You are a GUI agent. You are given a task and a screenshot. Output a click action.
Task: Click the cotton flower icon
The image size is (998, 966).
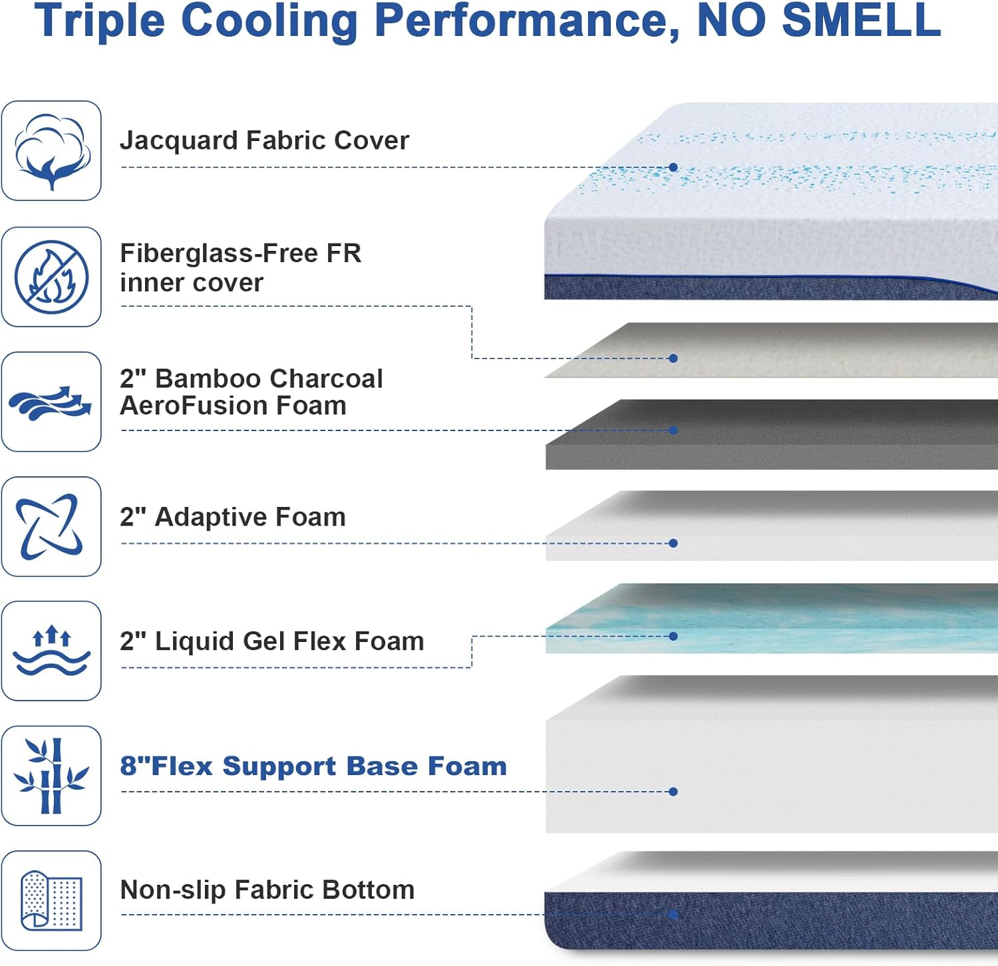(x=51, y=151)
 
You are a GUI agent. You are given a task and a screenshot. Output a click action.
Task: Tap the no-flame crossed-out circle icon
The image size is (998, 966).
(x=51, y=277)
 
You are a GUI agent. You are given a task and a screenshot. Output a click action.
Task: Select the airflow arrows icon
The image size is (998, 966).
(x=51, y=402)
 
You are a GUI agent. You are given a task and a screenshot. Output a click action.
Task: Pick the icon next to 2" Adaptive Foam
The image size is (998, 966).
(x=51, y=526)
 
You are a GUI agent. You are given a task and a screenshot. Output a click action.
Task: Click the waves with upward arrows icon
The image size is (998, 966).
(x=51, y=651)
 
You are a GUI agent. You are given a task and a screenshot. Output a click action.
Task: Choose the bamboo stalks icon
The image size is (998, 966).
(x=51, y=776)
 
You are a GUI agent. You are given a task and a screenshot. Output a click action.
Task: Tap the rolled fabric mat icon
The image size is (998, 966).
(x=51, y=900)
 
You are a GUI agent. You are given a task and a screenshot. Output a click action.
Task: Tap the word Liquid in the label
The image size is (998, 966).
(x=194, y=641)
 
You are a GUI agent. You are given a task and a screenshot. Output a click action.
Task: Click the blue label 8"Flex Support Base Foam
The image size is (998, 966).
(x=313, y=766)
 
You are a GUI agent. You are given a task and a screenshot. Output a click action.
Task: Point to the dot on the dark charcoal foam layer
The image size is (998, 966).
(x=673, y=430)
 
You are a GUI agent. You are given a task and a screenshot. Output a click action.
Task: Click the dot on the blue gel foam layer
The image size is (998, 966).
(x=673, y=636)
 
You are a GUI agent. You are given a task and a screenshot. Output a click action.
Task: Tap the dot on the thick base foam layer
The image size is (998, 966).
(x=673, y=792)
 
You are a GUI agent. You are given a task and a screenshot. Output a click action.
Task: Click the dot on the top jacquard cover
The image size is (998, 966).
(x=673, y=168)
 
